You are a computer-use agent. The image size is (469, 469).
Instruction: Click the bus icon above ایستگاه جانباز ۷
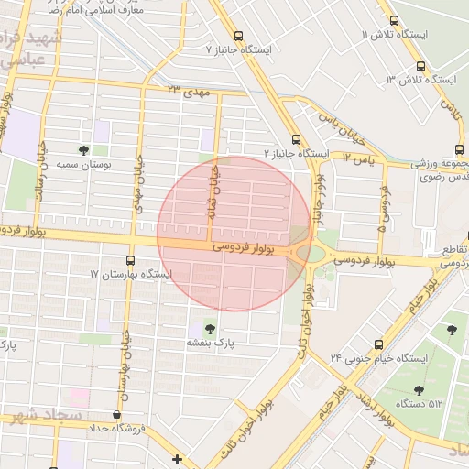tap(238, 36)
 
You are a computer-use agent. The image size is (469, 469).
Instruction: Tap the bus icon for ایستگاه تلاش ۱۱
tap(394, 21)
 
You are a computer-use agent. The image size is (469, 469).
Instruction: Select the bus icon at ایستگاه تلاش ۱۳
tap(420, 67)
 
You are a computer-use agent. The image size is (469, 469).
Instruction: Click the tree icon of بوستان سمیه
tap(84, 149)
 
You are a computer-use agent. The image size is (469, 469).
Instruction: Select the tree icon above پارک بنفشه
tap(212, 329)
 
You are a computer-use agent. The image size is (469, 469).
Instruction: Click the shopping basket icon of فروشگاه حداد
tap(115, 415)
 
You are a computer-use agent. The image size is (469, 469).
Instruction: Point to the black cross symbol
tap(177, 458)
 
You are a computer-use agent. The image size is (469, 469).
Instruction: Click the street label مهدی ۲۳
tap(189, 92)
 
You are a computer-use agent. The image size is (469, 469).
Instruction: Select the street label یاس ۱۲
tap(360, 158)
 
